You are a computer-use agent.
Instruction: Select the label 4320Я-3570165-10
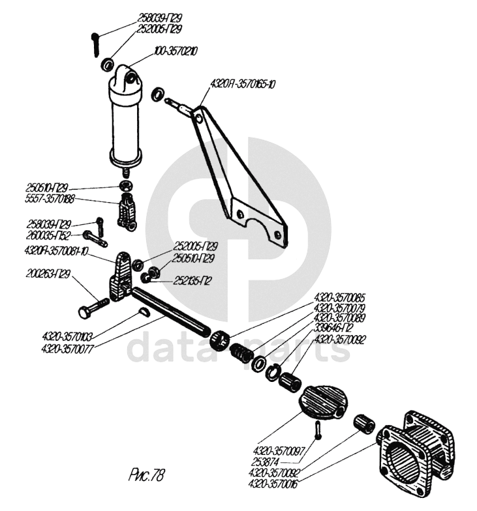243,84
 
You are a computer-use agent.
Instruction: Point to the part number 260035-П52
54,233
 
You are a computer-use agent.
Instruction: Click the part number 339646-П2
335,327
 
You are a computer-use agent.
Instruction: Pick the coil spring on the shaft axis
243,352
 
